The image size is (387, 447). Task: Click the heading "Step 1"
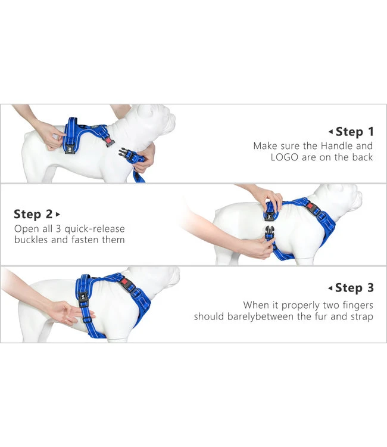click(354, 132)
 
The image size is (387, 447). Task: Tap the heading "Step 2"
click(33, 214)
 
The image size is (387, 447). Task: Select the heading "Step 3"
click(354, 288)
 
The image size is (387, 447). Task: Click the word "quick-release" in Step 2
click(95, 229)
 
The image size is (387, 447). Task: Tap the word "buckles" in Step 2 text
click(32, 240)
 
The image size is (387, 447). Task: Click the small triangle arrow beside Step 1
click(330, 132)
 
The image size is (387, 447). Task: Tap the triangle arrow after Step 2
click(58, 214)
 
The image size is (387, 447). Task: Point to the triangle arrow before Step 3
click(330, 288)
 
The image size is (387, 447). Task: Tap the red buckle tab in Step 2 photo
click(310, 206)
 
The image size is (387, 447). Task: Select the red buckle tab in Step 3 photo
click(124, 282)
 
